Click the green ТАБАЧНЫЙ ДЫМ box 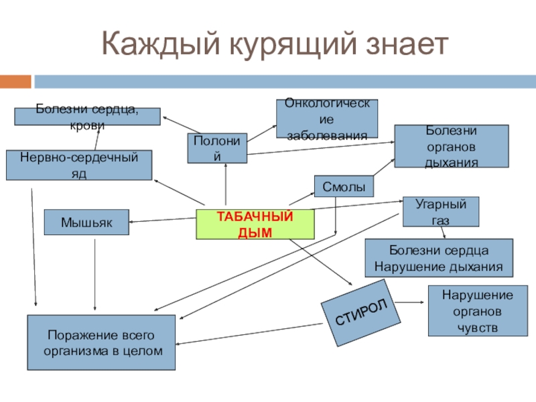point(255,224)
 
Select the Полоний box point(217,148)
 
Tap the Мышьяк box point(86,222)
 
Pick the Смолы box point(344,186)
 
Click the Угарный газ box point(441,211)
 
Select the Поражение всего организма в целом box point(101,342)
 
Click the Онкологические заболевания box point(327,119)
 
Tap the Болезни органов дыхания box point(450,146)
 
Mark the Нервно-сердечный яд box point(79,165)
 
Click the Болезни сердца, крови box point(88,116)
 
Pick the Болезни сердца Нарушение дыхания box point(438,258)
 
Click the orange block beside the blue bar point(15,81)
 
